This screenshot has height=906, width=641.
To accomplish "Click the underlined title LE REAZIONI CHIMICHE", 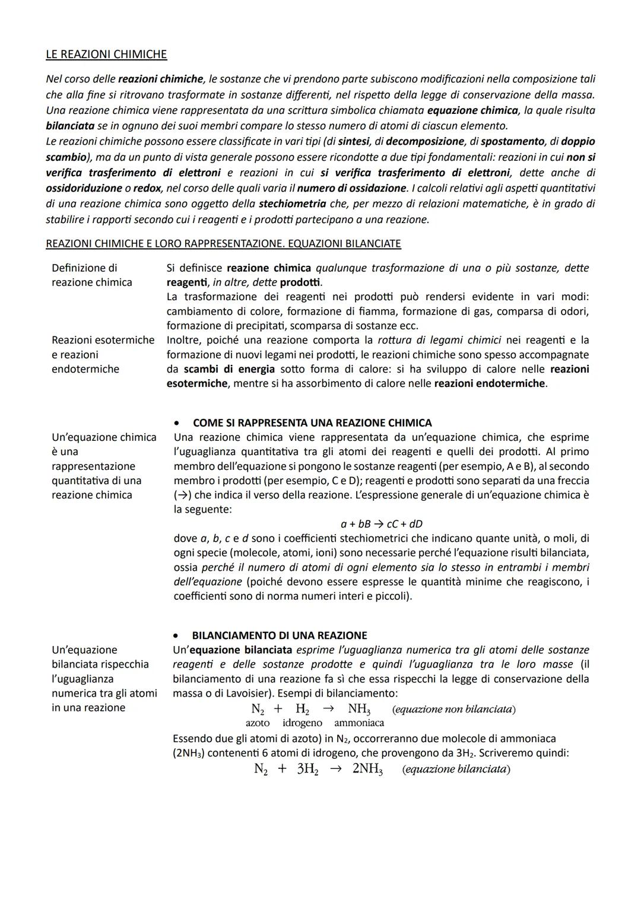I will coord(106,55).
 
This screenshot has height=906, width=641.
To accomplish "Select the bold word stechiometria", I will coord(292,204).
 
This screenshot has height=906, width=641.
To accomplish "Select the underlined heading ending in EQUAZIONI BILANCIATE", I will coord(223,243).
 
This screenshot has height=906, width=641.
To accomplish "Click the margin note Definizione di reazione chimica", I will coord(91,275).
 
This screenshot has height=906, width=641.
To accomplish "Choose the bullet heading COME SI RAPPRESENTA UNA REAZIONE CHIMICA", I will coord(312,423).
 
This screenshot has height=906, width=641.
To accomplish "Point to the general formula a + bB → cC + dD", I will coord(381,524).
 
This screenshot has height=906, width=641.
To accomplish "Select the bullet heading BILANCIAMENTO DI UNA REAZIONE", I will coord(279,635).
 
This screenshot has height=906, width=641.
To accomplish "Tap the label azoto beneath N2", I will coord(258,723).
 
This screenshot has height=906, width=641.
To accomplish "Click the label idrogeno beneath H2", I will coord(302,723).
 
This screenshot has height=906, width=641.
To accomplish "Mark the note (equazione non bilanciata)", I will coord(454,709).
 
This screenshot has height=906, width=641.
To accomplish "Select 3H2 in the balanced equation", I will coord(307,769).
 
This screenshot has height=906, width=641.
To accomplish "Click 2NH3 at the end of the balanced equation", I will coord(367,769).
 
